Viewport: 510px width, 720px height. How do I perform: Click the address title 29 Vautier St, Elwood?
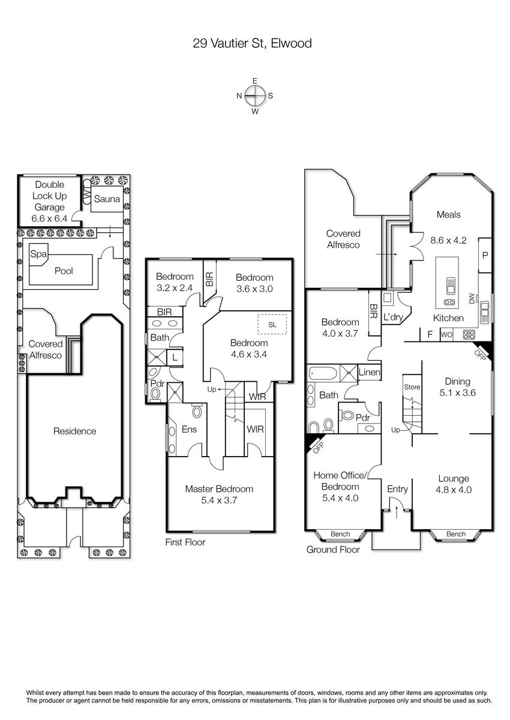pyautogui.click(x=252, y=43)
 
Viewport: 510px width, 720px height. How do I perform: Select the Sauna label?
pyautogui.click(x=107, y=199)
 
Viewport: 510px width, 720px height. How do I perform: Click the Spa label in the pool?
pyautogui.click(x=38, y=254)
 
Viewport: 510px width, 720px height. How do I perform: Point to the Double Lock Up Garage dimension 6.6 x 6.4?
pyautogui.click(x=49, y=218)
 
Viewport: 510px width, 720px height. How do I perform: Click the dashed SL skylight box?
pyautogui.click(x=272, y=325)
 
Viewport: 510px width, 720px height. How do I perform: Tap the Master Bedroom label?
pyautogui.click(x=219, y=489)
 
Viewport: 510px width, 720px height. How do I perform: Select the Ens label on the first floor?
pyautogui.click(x=189, y=429)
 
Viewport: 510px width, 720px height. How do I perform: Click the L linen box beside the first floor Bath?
pyautogui.click(x=175, y=357)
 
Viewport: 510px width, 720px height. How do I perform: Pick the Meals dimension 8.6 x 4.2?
pyautogui.click(x=448, y=240)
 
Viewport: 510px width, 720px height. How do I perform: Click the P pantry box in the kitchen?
pyautogui.click(x=485, y=255)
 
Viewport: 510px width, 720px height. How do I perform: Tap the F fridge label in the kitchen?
pyautogui.click(x=430, y=334)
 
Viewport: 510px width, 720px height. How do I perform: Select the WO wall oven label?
pyautogui.click(x=446, y=335)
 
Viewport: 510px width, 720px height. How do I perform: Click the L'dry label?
pyautogui.click(x=393, y=317)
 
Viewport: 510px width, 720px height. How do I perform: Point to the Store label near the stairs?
pyautogui.click(x=412, y=387)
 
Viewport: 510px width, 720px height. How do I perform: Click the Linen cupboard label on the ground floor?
pyautogui.click(x=369, y=372)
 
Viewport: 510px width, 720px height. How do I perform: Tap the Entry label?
pyautogui.click(x=398, y=489)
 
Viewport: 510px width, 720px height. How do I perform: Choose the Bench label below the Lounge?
pyautogui.click(x=456, y=534)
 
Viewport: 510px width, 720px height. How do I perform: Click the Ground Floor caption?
pyautogui.click(x=333, y=550)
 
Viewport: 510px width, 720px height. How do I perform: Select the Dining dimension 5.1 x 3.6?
pyautogui.click(x=457, y=392)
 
